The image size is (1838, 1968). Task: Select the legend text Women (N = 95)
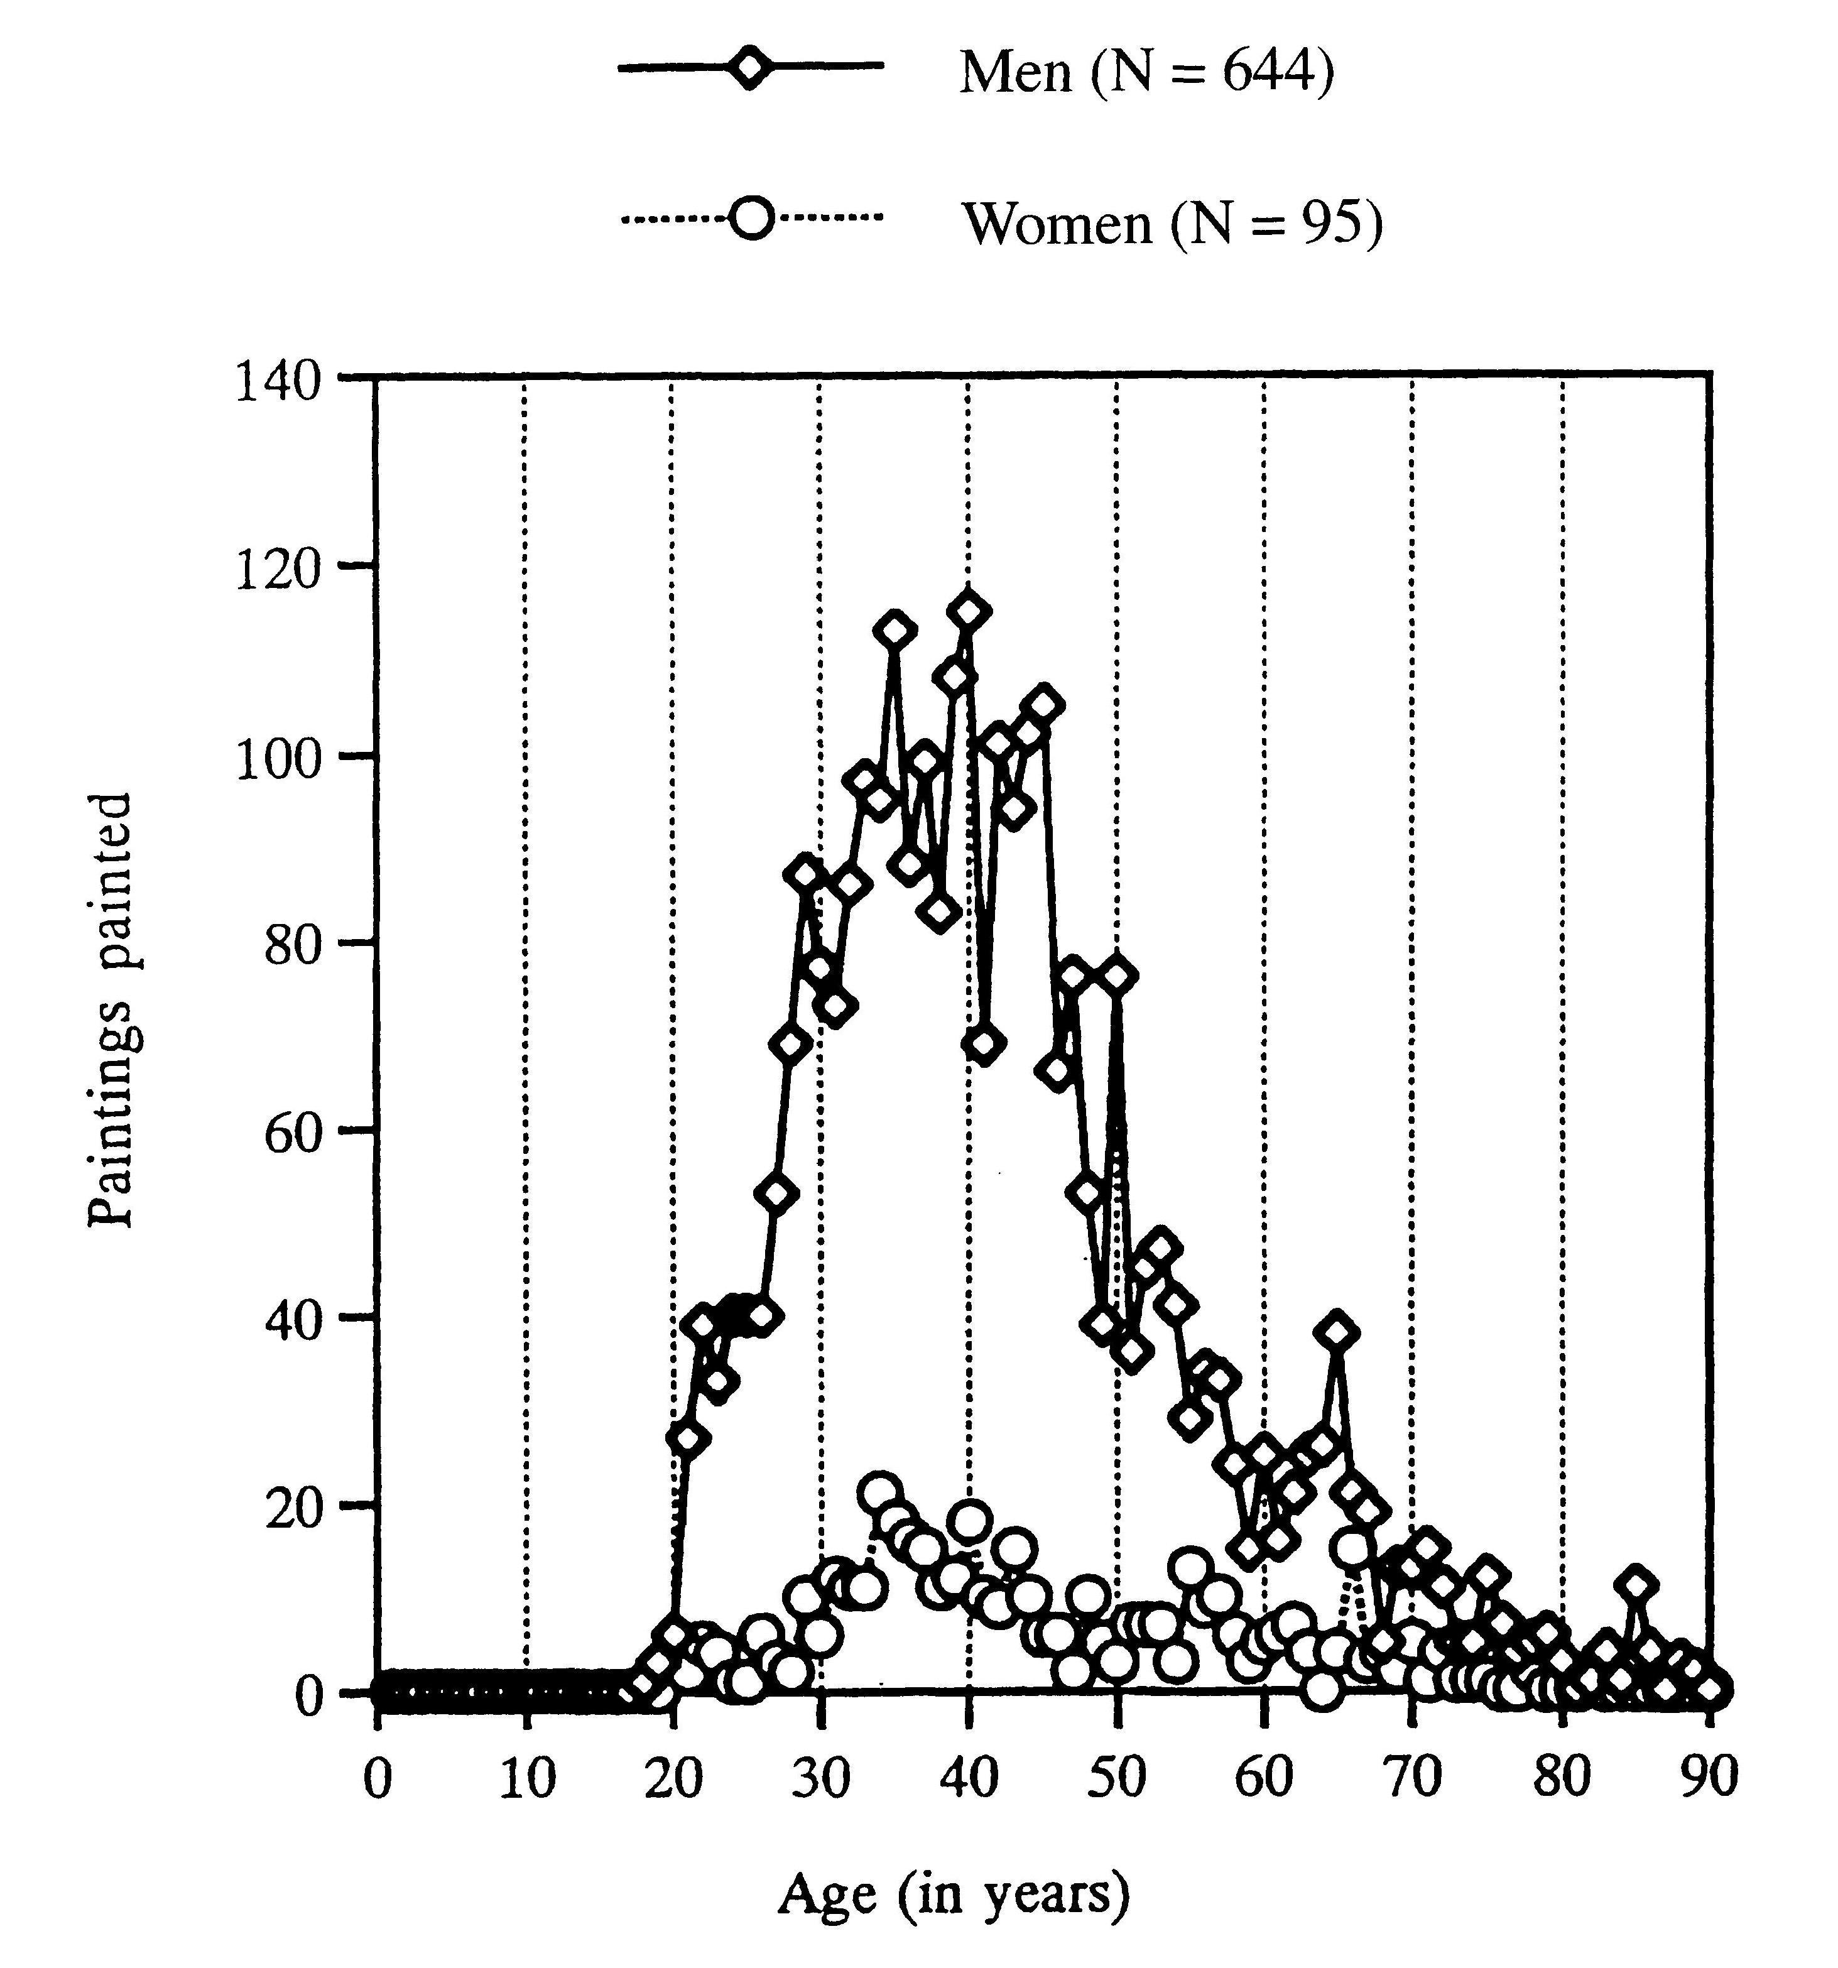(1172, 223)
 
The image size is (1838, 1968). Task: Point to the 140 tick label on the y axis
(278, 382)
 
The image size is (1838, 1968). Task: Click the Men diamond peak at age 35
(895, 629)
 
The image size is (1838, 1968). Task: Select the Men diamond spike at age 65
(1338, 1332)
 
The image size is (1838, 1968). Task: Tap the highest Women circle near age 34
(880, 1492)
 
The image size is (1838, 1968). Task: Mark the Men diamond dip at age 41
(984, 1045)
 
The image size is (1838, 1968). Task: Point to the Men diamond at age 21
(688, 1439)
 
